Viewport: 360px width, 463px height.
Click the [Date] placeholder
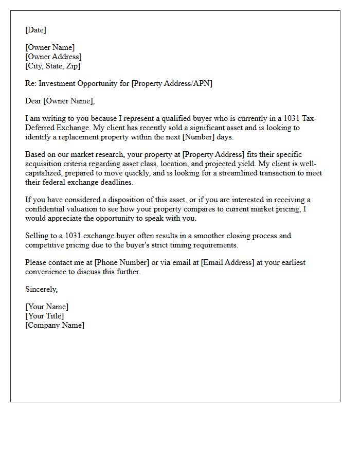(35, 30)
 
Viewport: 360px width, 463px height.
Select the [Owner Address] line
(53, 57)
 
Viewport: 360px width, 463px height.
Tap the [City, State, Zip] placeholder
(52, 66)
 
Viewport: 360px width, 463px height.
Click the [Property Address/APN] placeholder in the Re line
(172, 83)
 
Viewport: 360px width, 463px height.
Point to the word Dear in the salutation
(33, 101)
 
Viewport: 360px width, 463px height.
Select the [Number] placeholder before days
(198, 137)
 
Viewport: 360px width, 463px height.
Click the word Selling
(38, 236)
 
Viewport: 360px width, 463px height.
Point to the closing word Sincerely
(41, 289)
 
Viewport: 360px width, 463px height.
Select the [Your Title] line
(44, 316)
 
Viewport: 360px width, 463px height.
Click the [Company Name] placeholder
(55, 325)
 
